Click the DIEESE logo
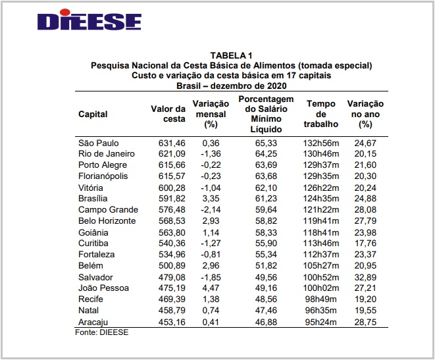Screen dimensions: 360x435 [90, 21]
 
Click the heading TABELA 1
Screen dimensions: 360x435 [231, 55]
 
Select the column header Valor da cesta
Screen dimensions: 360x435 [168, 113]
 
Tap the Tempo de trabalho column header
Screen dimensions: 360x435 [321, 113]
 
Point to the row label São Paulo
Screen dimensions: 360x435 [97, 143]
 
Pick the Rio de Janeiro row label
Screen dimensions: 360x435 [107, 154]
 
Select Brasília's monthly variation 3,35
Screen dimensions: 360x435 [210, 199]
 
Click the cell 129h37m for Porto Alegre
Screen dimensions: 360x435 [321, 165]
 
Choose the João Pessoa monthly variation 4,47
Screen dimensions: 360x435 [210, 288]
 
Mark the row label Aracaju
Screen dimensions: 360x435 [93, 322]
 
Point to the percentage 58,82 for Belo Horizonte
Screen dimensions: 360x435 [266, 221]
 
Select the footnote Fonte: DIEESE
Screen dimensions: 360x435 [103, 332]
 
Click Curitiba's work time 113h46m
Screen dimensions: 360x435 [321, 244]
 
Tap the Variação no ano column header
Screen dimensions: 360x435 [365, 113]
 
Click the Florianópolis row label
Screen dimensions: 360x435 [103, 176]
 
